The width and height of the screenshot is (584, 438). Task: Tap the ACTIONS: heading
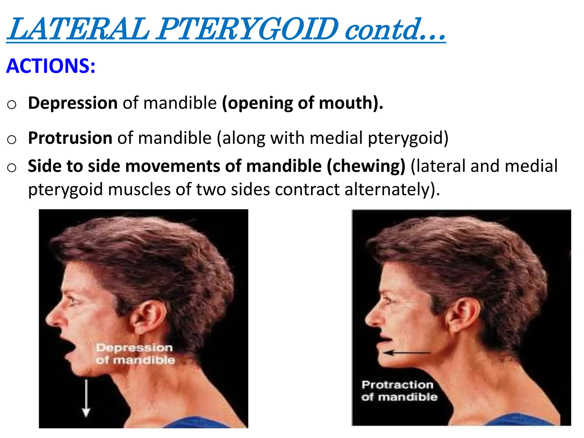(x=51, y=66)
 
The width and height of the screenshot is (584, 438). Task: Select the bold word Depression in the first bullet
(x=73, y=103)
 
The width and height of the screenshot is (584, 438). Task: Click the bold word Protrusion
(x=70, y=138)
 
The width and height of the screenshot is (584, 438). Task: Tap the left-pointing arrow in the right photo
(x=406, y=353)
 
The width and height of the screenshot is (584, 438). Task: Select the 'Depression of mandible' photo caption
(x=135, y=354)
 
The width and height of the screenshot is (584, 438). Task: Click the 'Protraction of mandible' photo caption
(x=399, y=391)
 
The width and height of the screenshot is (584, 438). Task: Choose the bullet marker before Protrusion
(x=12, y=139)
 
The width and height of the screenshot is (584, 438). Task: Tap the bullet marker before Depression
(x=12, y=104)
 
